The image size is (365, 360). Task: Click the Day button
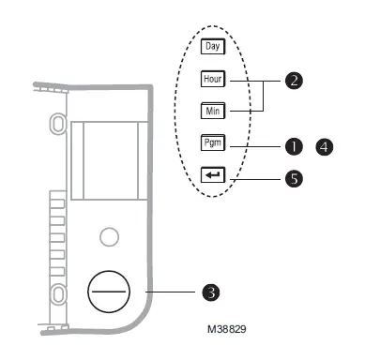213,47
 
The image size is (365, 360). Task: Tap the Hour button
213,79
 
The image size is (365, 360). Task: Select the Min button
213,111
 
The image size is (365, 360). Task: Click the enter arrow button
213,175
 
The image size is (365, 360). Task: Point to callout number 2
294,81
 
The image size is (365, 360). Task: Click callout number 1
294,146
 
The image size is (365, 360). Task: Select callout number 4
325,147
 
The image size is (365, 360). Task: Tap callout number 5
294,179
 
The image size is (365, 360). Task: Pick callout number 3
211,292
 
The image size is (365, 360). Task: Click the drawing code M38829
227,329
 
